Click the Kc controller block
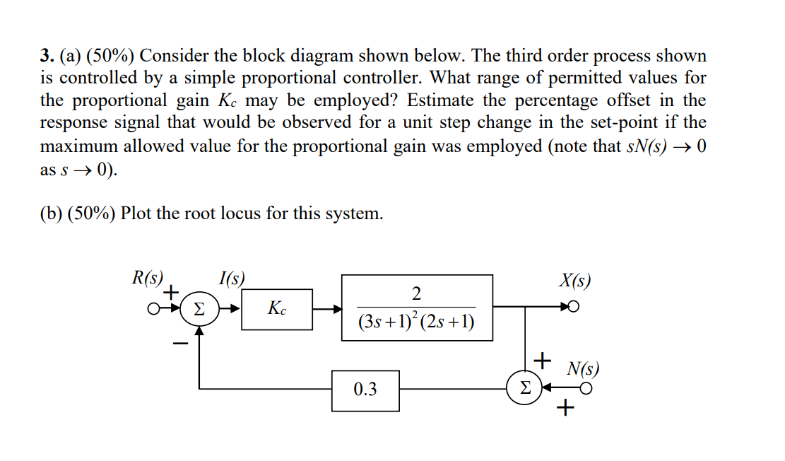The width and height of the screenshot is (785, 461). tap(277, 309)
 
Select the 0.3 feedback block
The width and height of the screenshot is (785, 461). tap(365, 390)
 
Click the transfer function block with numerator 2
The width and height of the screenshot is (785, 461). tap(417, 308)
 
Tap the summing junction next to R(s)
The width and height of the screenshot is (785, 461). tap(199, 310)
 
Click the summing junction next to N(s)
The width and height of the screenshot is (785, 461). tap(524, 389)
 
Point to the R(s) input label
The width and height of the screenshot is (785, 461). tap(148, 278)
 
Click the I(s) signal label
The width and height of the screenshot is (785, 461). tap(232, 278)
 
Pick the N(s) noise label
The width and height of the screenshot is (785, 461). tap(583, 368)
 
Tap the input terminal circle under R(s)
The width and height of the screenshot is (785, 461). tap(152, 310)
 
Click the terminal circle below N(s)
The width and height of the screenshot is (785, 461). tap(586, 388)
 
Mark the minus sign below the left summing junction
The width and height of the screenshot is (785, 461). tap(182, 344)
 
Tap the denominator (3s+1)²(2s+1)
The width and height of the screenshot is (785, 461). tap(416, 322)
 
